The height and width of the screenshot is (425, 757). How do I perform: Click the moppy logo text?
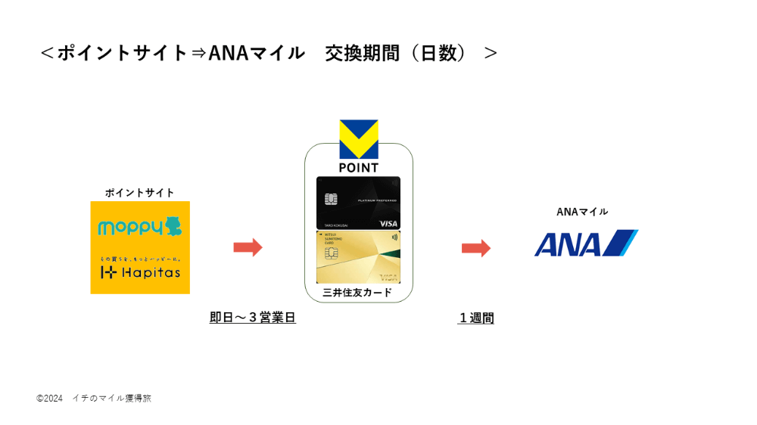(x=130, y=226)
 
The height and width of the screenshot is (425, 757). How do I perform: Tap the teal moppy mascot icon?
(x=173, y=225)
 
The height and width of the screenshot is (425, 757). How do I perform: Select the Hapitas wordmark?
(x=148, y=272)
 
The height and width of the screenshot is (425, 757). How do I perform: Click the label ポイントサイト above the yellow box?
(x=140, y=193)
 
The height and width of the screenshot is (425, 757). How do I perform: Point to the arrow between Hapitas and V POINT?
(x=248, y=247)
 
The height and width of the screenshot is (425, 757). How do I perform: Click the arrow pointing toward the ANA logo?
(x=476, y=248)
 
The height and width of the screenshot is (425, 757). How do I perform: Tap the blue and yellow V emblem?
(x=359, y=139)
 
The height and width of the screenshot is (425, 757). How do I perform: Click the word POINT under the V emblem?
(x=359, y=168)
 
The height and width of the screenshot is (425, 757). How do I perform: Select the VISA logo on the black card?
(x=388, y=223)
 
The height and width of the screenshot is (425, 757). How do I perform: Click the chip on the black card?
(x=331, y=198)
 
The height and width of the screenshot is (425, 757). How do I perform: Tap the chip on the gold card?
(x=331, y=253)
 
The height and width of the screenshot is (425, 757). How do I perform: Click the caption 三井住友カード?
(x=358, y=293)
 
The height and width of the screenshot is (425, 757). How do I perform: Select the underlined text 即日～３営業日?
(x=252, y=318)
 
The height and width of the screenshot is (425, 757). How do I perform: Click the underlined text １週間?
(x=476, y=318)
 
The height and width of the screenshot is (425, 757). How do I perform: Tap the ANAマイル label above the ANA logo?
(x=582, y=212)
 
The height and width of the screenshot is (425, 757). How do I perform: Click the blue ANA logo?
(x=585, y=244)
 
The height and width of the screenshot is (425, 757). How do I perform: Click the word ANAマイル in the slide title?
(x=256, y=53)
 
